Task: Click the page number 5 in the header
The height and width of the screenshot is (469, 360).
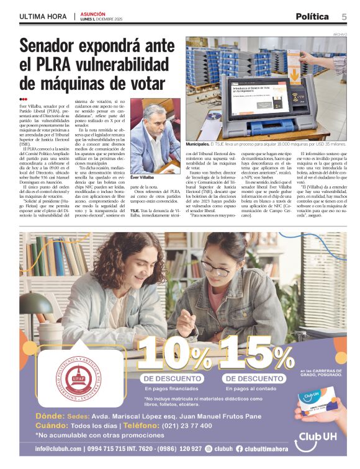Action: tap(343, 16)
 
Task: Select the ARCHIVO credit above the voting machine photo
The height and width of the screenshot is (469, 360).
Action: tap(338, 35)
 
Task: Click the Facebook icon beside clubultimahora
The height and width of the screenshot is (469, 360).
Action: tap(240, 449)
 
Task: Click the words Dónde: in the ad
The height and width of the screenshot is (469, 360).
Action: tap(50, 416)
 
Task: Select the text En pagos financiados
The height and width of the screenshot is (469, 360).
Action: tap(164, 388)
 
